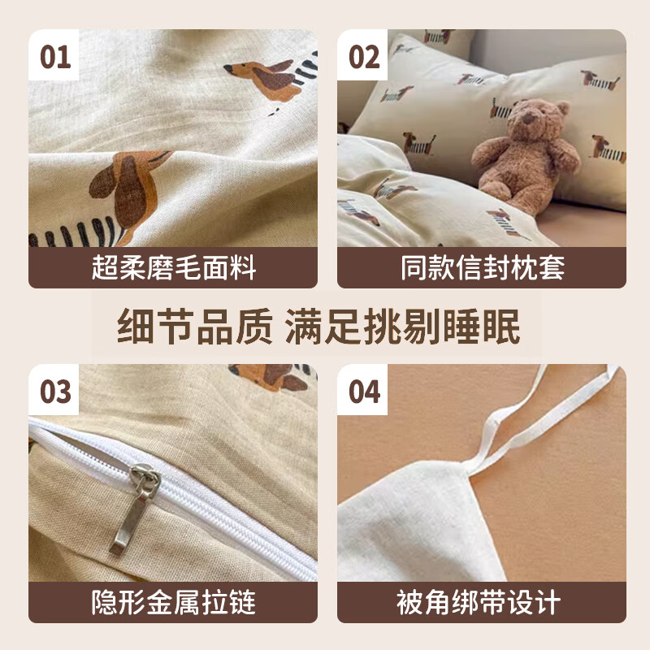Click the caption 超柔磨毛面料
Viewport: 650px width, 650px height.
coord(173,268)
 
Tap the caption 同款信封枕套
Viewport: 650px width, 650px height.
coord(482,268)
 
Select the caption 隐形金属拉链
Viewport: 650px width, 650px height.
coord(173,602)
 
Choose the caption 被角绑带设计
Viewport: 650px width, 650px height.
coord(482,602)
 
